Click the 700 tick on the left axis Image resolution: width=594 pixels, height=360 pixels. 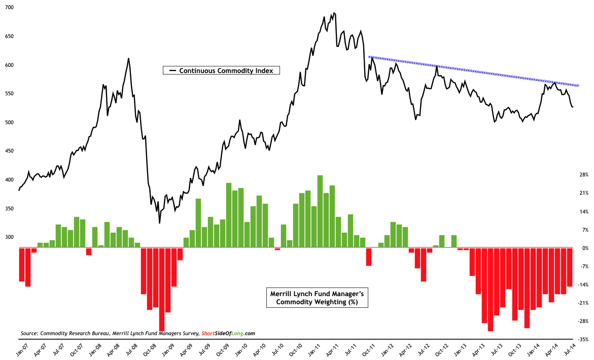click(10, 8)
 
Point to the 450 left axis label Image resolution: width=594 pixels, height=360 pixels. click(10, 151)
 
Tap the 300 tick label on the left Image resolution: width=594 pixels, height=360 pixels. click(10, 237)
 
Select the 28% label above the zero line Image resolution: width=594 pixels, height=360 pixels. click(583, 174)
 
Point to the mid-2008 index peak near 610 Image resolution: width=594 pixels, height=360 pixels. click(128, 58)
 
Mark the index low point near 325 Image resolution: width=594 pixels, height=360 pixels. click(159, 223)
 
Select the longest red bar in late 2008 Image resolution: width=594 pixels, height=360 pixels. click(162, 289)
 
